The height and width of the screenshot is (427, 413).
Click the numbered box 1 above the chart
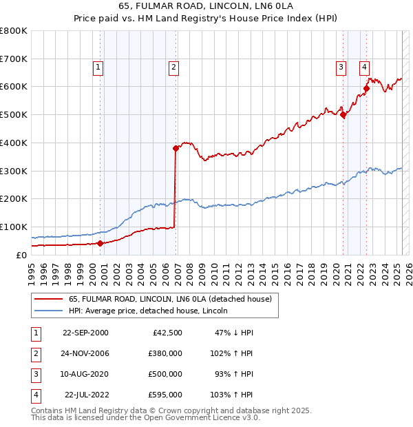(98, 67)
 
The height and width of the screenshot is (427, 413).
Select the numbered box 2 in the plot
(174, 67)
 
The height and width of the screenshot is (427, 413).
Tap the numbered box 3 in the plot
(341, 67)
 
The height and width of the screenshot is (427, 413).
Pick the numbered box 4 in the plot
(363, 67)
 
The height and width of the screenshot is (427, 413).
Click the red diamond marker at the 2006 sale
(176, 148)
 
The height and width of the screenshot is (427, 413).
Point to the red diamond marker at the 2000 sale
(100, 242)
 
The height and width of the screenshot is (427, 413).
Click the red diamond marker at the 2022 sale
(367, 88)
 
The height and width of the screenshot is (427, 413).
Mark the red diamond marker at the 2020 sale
(343, 115)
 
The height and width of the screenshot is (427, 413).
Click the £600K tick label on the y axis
(14, 87)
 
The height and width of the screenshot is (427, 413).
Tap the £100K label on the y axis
(14, 227)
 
